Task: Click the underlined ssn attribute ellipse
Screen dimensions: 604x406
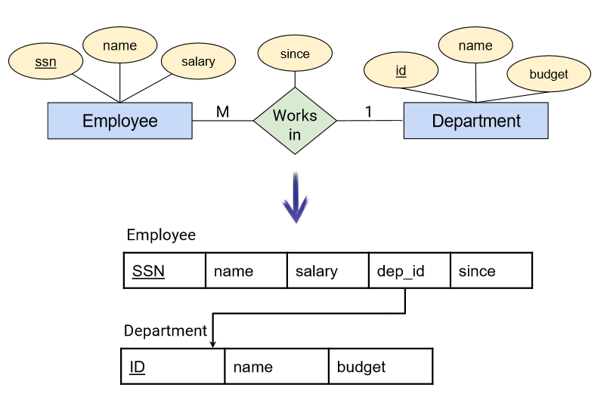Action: point(45,61)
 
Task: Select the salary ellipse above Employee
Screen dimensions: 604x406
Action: point(198,61)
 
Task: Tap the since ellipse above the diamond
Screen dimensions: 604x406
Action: point(295,54)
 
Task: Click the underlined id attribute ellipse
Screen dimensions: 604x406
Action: point(401,70)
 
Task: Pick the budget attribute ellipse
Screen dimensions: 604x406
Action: point(549,74)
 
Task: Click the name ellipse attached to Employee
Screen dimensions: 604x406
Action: point(119,45)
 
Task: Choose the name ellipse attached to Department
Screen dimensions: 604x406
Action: point(475,45)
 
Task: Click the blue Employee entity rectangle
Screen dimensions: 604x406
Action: point(119,121)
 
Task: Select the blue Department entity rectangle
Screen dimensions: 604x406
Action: point(475,121)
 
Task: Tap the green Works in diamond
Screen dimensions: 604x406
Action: point(295,121)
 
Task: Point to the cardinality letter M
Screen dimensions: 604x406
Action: point(223,112)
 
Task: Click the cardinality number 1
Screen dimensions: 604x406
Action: point(369,112)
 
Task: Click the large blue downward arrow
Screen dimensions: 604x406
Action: point(296,197)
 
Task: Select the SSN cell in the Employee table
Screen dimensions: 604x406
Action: point(165,270)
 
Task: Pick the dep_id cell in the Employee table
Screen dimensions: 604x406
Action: point(410,270)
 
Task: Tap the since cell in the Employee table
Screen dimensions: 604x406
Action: point(491,270)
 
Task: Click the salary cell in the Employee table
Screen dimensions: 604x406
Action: point(328,270)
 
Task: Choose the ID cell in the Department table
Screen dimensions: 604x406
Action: point(172,366)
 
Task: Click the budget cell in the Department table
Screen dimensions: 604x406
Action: point(381,366)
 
